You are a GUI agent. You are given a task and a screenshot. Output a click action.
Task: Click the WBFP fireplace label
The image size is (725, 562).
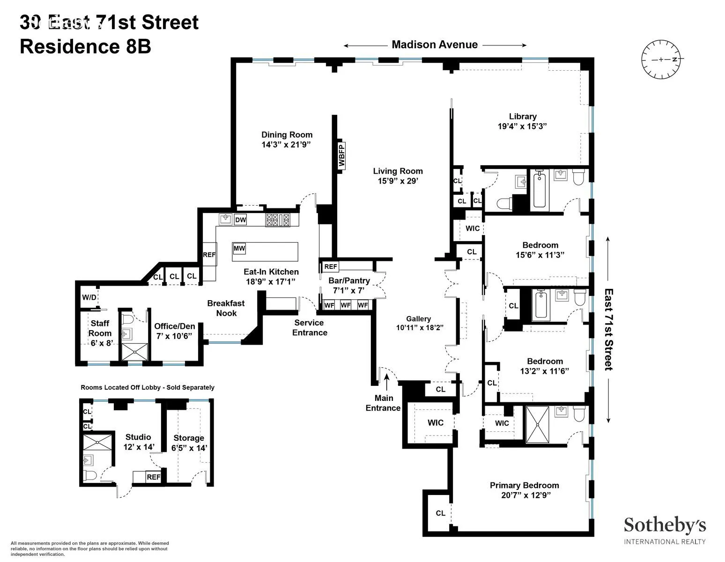tap(341, 155)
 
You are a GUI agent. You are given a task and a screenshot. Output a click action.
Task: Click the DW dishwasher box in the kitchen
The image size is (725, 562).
tap(240, 220)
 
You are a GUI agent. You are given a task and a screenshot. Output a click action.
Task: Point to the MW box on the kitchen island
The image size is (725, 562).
tap(239, 248)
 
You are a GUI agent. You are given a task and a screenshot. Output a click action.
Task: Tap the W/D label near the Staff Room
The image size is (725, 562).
tap(89, 297)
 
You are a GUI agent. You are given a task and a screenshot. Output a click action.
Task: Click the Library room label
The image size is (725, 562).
tap(523, 117)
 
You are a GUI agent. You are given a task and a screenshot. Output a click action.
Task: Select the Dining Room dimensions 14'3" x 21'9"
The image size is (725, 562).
tap(287, 145)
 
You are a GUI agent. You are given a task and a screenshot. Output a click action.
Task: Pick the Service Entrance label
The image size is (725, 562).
tap(309, 327)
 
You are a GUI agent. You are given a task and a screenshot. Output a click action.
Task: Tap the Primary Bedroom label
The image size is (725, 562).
tap(524, 485)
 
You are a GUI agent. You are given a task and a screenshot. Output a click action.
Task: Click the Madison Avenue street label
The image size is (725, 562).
tap(435, 45)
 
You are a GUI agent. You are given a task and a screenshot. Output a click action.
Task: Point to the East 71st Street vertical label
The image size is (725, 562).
tap(608, 330)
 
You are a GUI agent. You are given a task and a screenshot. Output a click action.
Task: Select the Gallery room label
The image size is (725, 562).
tap(418, 319)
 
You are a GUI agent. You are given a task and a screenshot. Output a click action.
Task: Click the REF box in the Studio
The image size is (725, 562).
tap(154, 477)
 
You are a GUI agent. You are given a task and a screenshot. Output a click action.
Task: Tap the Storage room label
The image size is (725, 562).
tap(189, 438)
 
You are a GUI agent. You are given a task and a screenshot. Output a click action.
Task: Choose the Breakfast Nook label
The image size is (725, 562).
tap(226, 308)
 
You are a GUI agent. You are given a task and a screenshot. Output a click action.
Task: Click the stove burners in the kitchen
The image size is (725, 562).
tap(278, 220)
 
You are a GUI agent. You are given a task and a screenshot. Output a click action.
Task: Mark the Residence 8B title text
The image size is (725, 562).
tap(85, 47)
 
